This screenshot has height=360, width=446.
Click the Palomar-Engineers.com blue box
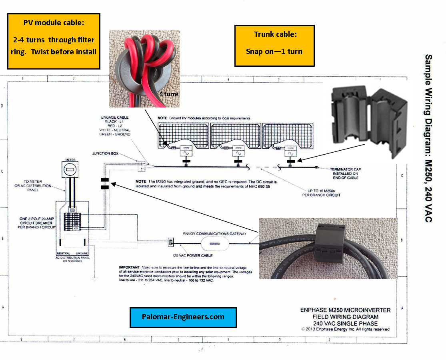[183, 317]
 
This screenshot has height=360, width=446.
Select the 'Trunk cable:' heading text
[275, 34]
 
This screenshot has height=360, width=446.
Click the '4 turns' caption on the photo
[169, 94]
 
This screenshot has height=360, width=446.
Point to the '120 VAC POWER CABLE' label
[192, 255]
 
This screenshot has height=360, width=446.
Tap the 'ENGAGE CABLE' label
[115, 117]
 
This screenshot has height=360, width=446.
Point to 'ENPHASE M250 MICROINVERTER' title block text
[345, 310]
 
